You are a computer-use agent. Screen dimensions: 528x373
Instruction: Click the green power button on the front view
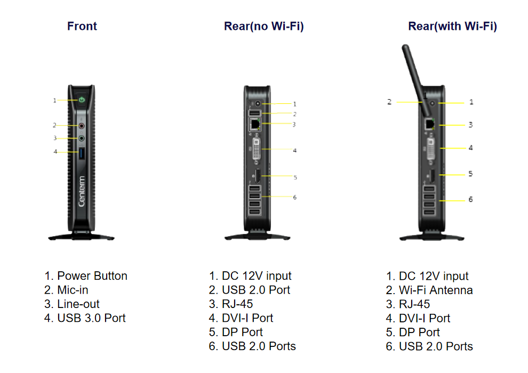(82, 100)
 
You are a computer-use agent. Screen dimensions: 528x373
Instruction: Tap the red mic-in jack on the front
(82, 126)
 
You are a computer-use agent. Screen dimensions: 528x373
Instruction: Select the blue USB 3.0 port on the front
(82, 153)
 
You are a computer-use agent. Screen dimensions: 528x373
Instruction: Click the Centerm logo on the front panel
(82, 191)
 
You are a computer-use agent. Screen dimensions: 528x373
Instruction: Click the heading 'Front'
(82, 26)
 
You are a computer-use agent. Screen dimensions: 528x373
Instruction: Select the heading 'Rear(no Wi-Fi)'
(264, 26)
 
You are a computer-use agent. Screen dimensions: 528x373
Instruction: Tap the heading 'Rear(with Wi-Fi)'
(453, 26)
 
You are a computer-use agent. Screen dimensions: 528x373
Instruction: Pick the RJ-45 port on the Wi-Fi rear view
(429, 124)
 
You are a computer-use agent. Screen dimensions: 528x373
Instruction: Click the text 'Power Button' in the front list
(92, 276)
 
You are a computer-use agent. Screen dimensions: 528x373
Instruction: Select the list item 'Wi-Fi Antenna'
(436, 290)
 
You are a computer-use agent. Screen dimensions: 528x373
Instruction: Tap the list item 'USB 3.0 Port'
(91, 318)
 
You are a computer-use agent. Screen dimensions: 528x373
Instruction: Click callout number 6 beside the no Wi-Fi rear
(294, 198)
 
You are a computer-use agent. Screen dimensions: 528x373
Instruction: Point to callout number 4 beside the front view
(55, 152)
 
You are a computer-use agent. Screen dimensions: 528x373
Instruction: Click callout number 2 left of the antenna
(389, 102)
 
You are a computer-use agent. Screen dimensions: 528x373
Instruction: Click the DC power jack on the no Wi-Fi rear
(258, 103)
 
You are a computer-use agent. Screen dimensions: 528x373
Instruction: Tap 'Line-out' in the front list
(78, 304)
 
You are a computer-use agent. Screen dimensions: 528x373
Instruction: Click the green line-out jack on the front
(82, 138)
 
